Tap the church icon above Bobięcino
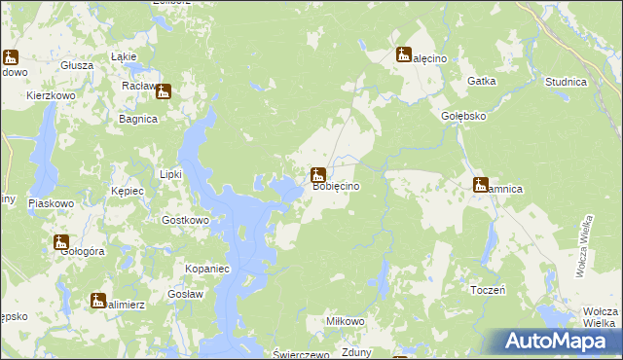317,176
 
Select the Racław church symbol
164,92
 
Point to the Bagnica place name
137,119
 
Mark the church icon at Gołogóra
61,242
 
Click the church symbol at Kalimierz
98,302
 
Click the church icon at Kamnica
480,185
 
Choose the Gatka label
483,82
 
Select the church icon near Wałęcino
404,55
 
